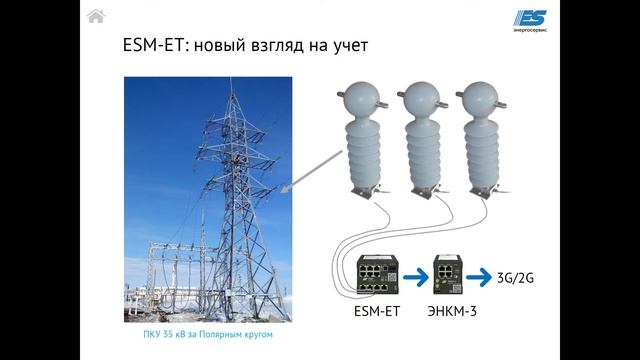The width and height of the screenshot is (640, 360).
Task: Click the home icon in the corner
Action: [96, 15]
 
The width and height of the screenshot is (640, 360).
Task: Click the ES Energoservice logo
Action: [537, 20]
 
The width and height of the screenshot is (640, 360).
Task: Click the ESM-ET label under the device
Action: [377, 311]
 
